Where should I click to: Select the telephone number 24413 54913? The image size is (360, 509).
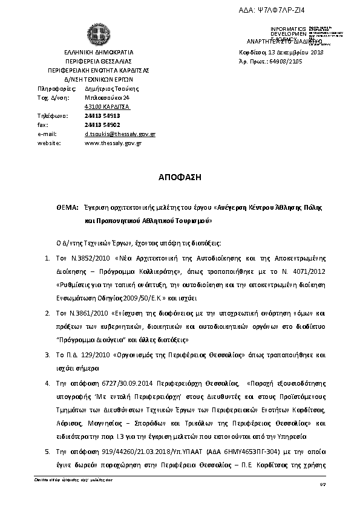[102, 115]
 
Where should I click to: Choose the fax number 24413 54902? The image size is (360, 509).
[102, 125]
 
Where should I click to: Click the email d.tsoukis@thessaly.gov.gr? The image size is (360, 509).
[120, 134]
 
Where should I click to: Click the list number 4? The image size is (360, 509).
[48, 383]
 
